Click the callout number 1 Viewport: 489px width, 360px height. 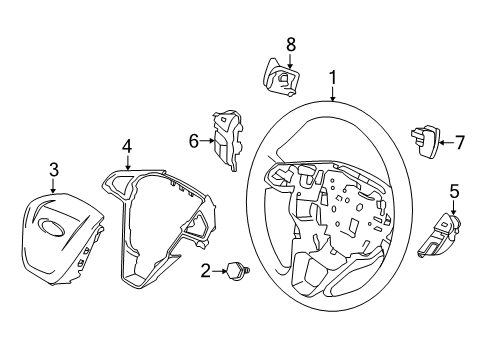point(332,76)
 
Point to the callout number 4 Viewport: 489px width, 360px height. point(127,146)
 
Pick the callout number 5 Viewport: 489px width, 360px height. point(453,190)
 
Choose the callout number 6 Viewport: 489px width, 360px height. point(195,142)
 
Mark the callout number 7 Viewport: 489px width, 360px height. point(459,142)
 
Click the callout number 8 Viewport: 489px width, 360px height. point(291,44)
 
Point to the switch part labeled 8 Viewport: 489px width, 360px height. point(283,76)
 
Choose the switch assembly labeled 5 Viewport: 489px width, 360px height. point(446,236)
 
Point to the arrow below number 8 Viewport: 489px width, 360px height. point(291,59)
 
